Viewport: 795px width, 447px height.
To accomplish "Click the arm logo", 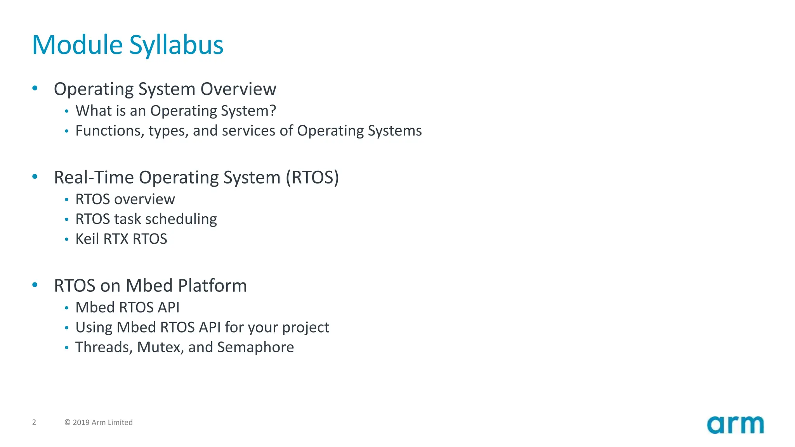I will (735, 425).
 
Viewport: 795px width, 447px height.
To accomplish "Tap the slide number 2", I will (34, 422).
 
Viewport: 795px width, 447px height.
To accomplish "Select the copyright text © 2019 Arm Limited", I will (99, 422).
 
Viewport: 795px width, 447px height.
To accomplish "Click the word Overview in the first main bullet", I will (238, 89).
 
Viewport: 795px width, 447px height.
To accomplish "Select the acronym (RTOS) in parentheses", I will (312, 177).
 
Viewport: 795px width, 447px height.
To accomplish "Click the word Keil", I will (87, 239).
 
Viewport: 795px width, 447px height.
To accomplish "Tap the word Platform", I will (212, 286).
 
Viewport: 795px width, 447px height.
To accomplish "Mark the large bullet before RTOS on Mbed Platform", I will (35, 285).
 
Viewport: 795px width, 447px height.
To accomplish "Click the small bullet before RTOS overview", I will (67, 199).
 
